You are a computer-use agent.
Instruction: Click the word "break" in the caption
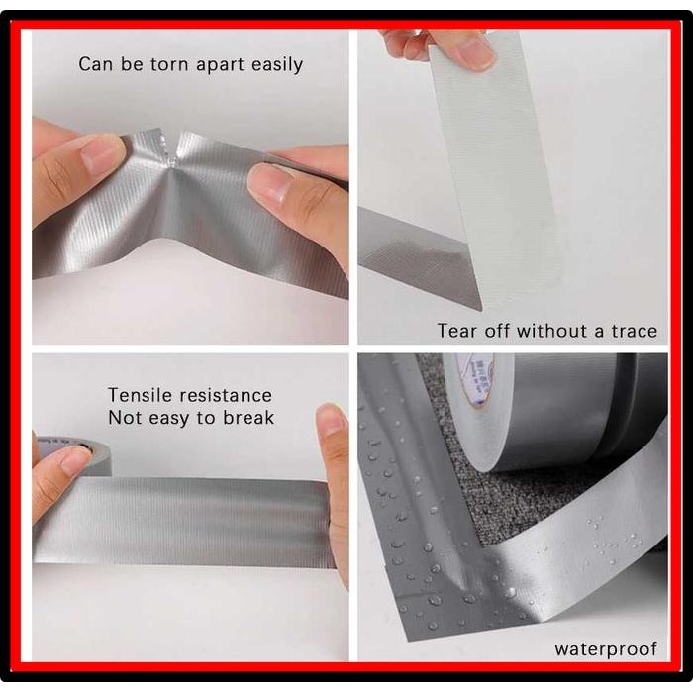[248, 418]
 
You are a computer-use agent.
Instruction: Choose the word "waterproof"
[606, 650]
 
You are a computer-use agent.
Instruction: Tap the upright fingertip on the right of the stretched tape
[330, 419]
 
